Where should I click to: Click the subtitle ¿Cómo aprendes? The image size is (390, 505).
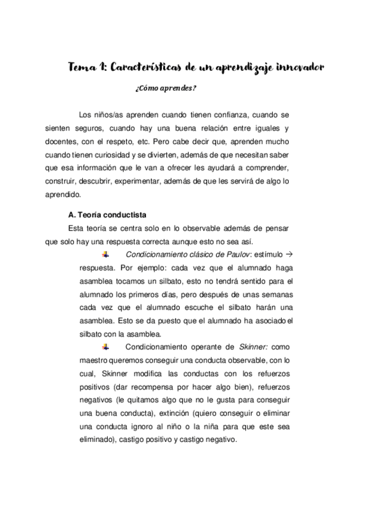[166, 89]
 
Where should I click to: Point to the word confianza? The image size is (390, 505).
[233, 115]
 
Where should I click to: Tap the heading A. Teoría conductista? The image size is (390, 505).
[107, 214]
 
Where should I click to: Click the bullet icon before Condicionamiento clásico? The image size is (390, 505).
[105, 254]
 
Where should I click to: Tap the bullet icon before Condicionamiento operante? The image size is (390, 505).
[105, 347]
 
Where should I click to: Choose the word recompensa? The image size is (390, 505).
[170, 386]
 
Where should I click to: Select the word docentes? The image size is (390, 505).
[62, 142]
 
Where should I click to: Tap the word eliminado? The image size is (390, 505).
[97, 440]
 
